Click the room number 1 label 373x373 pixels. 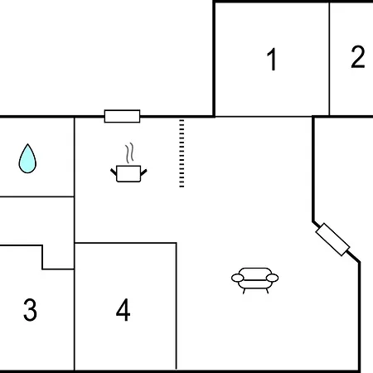pos(272,59)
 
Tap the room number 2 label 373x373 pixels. pos(358,57)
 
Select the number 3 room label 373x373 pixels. pos(30,310)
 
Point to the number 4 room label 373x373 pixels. pos(123,310)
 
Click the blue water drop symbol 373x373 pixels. pos(27,158)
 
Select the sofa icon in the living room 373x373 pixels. pos(254,280)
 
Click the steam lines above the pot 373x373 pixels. pos(129,153)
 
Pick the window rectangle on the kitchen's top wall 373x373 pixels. pos(122,116)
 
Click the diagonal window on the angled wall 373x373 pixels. pos(332,240)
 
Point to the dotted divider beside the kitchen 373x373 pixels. pos(182,153)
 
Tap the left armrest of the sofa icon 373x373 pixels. pos(238,278)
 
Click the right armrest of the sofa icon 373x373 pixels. pos(272,278)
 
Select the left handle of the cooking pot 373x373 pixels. pos(114,172)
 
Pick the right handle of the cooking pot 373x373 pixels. pos(143,172)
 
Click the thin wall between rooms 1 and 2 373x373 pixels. pos(329,59)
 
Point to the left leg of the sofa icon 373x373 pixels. pos(244,291)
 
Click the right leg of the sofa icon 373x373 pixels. pos(267,291)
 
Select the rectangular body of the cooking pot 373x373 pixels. pos(128,174)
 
